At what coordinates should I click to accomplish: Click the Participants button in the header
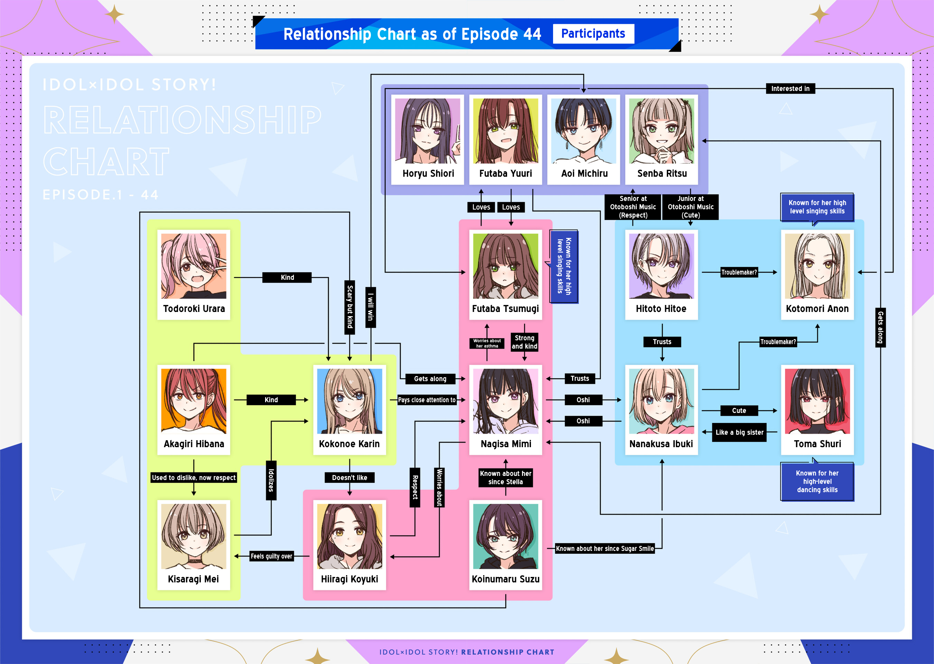tap(593, 34)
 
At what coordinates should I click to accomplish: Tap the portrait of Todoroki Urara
tap(194, 266)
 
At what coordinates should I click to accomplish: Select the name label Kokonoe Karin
tap(349, 444)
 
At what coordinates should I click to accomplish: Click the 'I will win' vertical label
tap(371, 307)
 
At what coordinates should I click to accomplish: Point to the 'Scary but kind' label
tap(350, 307)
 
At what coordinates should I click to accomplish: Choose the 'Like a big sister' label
tap(739, 432)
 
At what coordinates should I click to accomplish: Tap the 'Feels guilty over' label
tap(271, 556)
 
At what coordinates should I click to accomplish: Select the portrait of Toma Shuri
tap(817, 401)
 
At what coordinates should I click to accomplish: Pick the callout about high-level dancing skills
tap(817, 481)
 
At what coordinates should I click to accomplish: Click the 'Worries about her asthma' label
tap(487, 343)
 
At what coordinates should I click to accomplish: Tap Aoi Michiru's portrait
tap(583, 131)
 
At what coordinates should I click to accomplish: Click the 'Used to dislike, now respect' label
tap(194, 478)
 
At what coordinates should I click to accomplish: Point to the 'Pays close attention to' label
tap(427, 400)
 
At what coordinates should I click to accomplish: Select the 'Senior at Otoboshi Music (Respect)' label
tap(633, 207)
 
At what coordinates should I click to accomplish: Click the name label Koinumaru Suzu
tap(505, 579)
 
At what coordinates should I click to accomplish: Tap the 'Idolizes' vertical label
tap(271, 480)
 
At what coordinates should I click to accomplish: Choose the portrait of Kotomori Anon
tap(817, 266)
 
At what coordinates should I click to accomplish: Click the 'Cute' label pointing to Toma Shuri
tap(739, 411)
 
